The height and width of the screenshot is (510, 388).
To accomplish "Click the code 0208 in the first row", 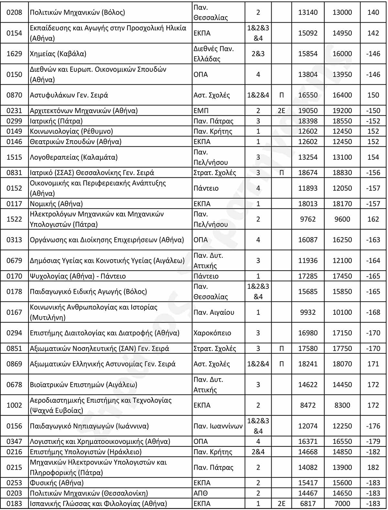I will pyautogui.click(x=14, y=12).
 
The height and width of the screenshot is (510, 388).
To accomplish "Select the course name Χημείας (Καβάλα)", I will pyautogui.click(x=58, y=54).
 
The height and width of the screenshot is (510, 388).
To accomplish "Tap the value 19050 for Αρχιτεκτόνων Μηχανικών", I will pyautogui.click(x=308, y=111).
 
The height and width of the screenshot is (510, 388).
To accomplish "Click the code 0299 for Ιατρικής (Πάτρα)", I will pyautogui.click(x=14, y=121).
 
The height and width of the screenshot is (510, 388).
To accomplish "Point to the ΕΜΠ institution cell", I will pyautogui.click(x=201, y=111).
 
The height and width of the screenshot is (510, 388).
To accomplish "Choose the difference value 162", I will pyautogui.click(x=373, y=219).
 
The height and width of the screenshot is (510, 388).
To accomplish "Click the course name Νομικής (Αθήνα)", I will pyautogui.click(x=56, y=204).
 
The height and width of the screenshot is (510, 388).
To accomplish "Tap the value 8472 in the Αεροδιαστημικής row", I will pyautogui.click(x=308, y=405).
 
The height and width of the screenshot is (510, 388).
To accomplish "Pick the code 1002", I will pyautogui.click(x=14, y=405).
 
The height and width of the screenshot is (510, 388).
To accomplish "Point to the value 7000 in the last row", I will pyautogui.click(x=342, y=504).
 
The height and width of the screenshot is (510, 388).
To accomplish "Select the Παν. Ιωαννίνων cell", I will pyautogui.click(x=218, y=426).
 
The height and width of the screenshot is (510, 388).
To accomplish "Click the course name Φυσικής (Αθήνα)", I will pyautogui.click(x=57, y=483).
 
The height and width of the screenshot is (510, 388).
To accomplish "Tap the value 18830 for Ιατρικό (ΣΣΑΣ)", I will pyautogui.click(x=342, y=173).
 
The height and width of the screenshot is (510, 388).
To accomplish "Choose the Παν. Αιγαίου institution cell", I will pyautogui.click(x=214, y=312).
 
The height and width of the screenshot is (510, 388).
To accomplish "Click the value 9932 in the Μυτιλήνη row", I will pyautogui.click(x=308, y=312).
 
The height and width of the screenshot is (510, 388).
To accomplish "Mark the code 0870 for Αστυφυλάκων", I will pyautogui.click(x=14, y=95).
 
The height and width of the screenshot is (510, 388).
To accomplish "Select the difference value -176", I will pyautogui.click(x=373, y=426).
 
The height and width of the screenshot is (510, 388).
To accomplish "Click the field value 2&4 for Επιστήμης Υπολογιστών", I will pyautogui.click(x=258, y=452).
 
